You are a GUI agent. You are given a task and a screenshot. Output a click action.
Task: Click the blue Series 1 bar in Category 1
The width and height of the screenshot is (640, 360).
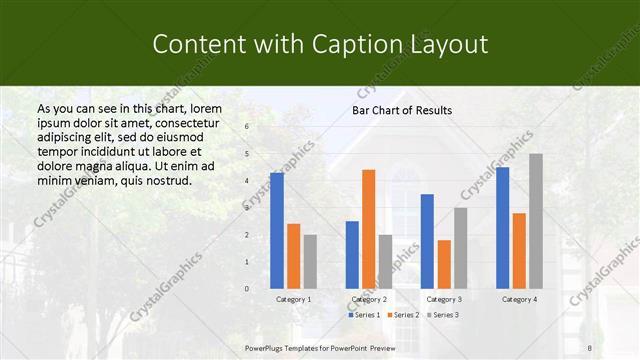coord(277,231)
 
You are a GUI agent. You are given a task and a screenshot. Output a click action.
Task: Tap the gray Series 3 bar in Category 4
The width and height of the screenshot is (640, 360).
coord(536,221)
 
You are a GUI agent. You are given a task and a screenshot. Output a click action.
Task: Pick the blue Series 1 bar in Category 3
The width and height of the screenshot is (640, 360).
coord(427,241)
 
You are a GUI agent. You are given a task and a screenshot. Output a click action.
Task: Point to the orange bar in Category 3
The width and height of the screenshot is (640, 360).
coord(444,264)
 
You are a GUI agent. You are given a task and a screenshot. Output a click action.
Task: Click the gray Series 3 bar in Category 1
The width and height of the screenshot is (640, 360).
coord(310,262)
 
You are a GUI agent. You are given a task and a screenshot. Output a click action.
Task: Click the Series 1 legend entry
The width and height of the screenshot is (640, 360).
coord(364,315)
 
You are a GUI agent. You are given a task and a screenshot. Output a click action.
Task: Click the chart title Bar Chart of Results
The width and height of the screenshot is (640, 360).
coord(402,110)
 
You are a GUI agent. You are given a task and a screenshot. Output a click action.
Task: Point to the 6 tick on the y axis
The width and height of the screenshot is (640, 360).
coord(247,128)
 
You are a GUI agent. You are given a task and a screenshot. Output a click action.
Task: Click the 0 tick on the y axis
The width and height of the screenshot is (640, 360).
coord(247,289)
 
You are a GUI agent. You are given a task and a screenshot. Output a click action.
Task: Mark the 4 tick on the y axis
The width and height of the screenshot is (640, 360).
coord(247,181)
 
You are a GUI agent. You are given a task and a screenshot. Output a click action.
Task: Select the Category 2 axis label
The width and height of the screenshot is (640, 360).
coord(369,299)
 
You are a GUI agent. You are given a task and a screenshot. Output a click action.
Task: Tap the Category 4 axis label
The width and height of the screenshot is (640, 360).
coord(519,299)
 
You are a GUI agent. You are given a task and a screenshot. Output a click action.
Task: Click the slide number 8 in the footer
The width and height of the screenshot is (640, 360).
coord(590,347)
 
